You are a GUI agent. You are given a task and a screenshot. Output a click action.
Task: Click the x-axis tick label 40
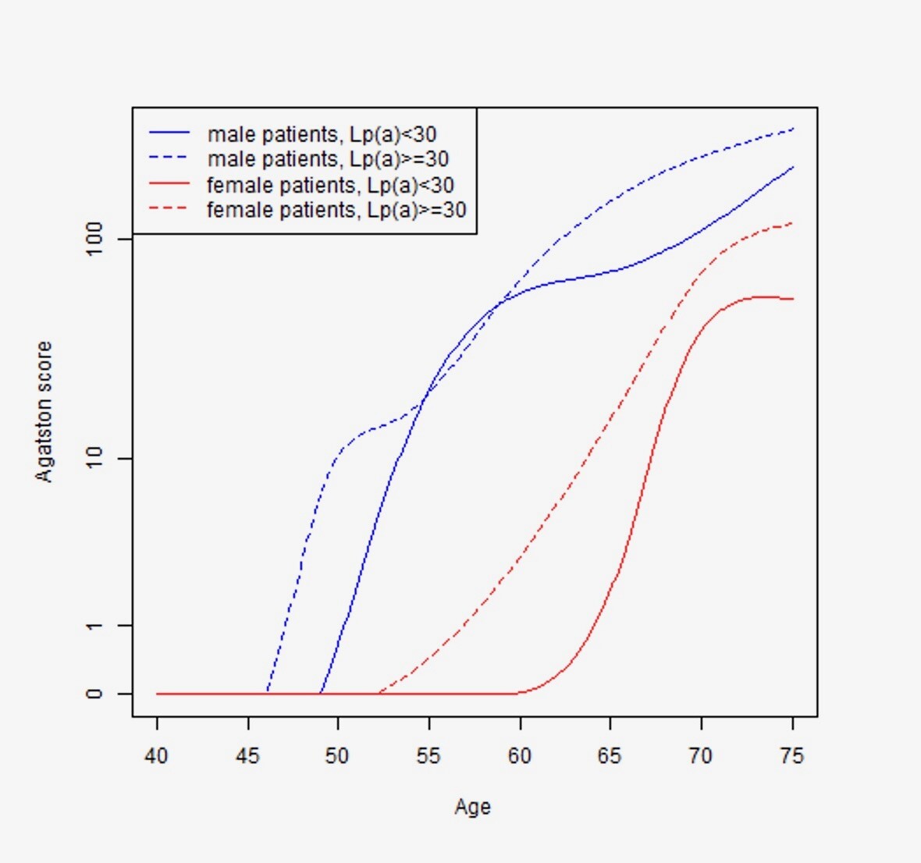[x=156, y=755]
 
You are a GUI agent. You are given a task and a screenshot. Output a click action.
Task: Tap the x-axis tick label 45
[x=247, y=755]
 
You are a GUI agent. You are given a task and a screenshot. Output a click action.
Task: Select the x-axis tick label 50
[x=338, y=755]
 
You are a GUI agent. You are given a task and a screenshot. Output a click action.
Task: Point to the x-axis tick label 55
[x=428, y=755]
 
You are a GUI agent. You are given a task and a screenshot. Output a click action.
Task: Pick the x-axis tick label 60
[x=519, y=755]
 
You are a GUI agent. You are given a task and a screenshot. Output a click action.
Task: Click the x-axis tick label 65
[x=610, y=755]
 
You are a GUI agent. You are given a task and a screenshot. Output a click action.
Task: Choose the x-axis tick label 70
[x=701, y=755]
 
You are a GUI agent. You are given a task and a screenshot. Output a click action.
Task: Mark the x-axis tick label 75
[x=791, y=755]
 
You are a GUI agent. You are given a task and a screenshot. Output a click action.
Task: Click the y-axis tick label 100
[x=94, y=239]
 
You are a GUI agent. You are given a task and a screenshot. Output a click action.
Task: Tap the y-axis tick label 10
[x=94, y=458]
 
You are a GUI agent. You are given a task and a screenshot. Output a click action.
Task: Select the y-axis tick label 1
[x=94, y=625]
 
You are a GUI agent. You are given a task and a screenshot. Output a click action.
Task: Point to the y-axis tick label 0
[x=94, y=694]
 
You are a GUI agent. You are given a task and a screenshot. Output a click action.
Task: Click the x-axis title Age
[x=472, y=807]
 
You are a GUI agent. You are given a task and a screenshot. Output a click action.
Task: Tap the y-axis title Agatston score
[x=44, y=411]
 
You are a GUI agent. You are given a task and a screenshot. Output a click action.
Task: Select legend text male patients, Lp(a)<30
[x=322, y=134]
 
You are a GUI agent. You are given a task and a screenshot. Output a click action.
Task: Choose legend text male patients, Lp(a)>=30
[x=328, y=159]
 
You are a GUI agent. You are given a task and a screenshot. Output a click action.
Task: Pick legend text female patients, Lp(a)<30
[x=330, y=185]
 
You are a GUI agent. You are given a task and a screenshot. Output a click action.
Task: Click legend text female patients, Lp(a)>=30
[x=336, y=210]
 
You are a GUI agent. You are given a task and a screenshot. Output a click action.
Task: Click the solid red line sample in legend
[x=169, y=184]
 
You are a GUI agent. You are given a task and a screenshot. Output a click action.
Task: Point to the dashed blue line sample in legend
[x=169, y=158]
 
